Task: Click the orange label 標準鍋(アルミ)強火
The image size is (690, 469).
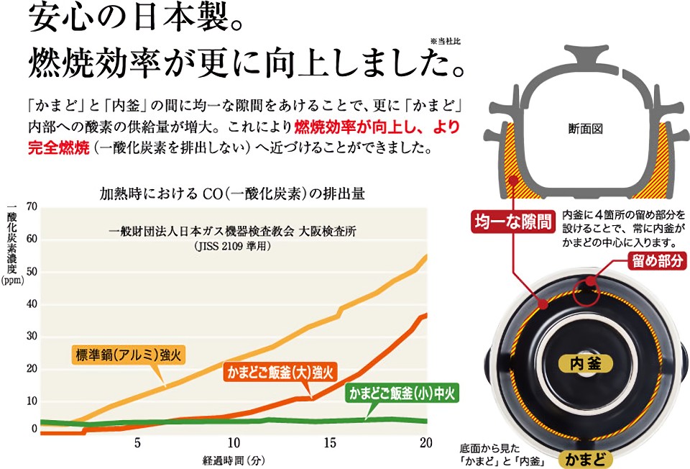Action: [119, 355]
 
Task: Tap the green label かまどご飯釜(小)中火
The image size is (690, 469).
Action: [402, 393]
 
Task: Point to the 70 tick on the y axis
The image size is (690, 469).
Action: [31, 207]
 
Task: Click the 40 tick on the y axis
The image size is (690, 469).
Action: [31, 304]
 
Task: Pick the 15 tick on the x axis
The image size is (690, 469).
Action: [330, 441]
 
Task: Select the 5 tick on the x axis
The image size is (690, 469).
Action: [137, 441]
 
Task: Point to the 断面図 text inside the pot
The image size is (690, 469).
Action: [584, 129]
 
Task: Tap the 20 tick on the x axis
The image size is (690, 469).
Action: [425, 441]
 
